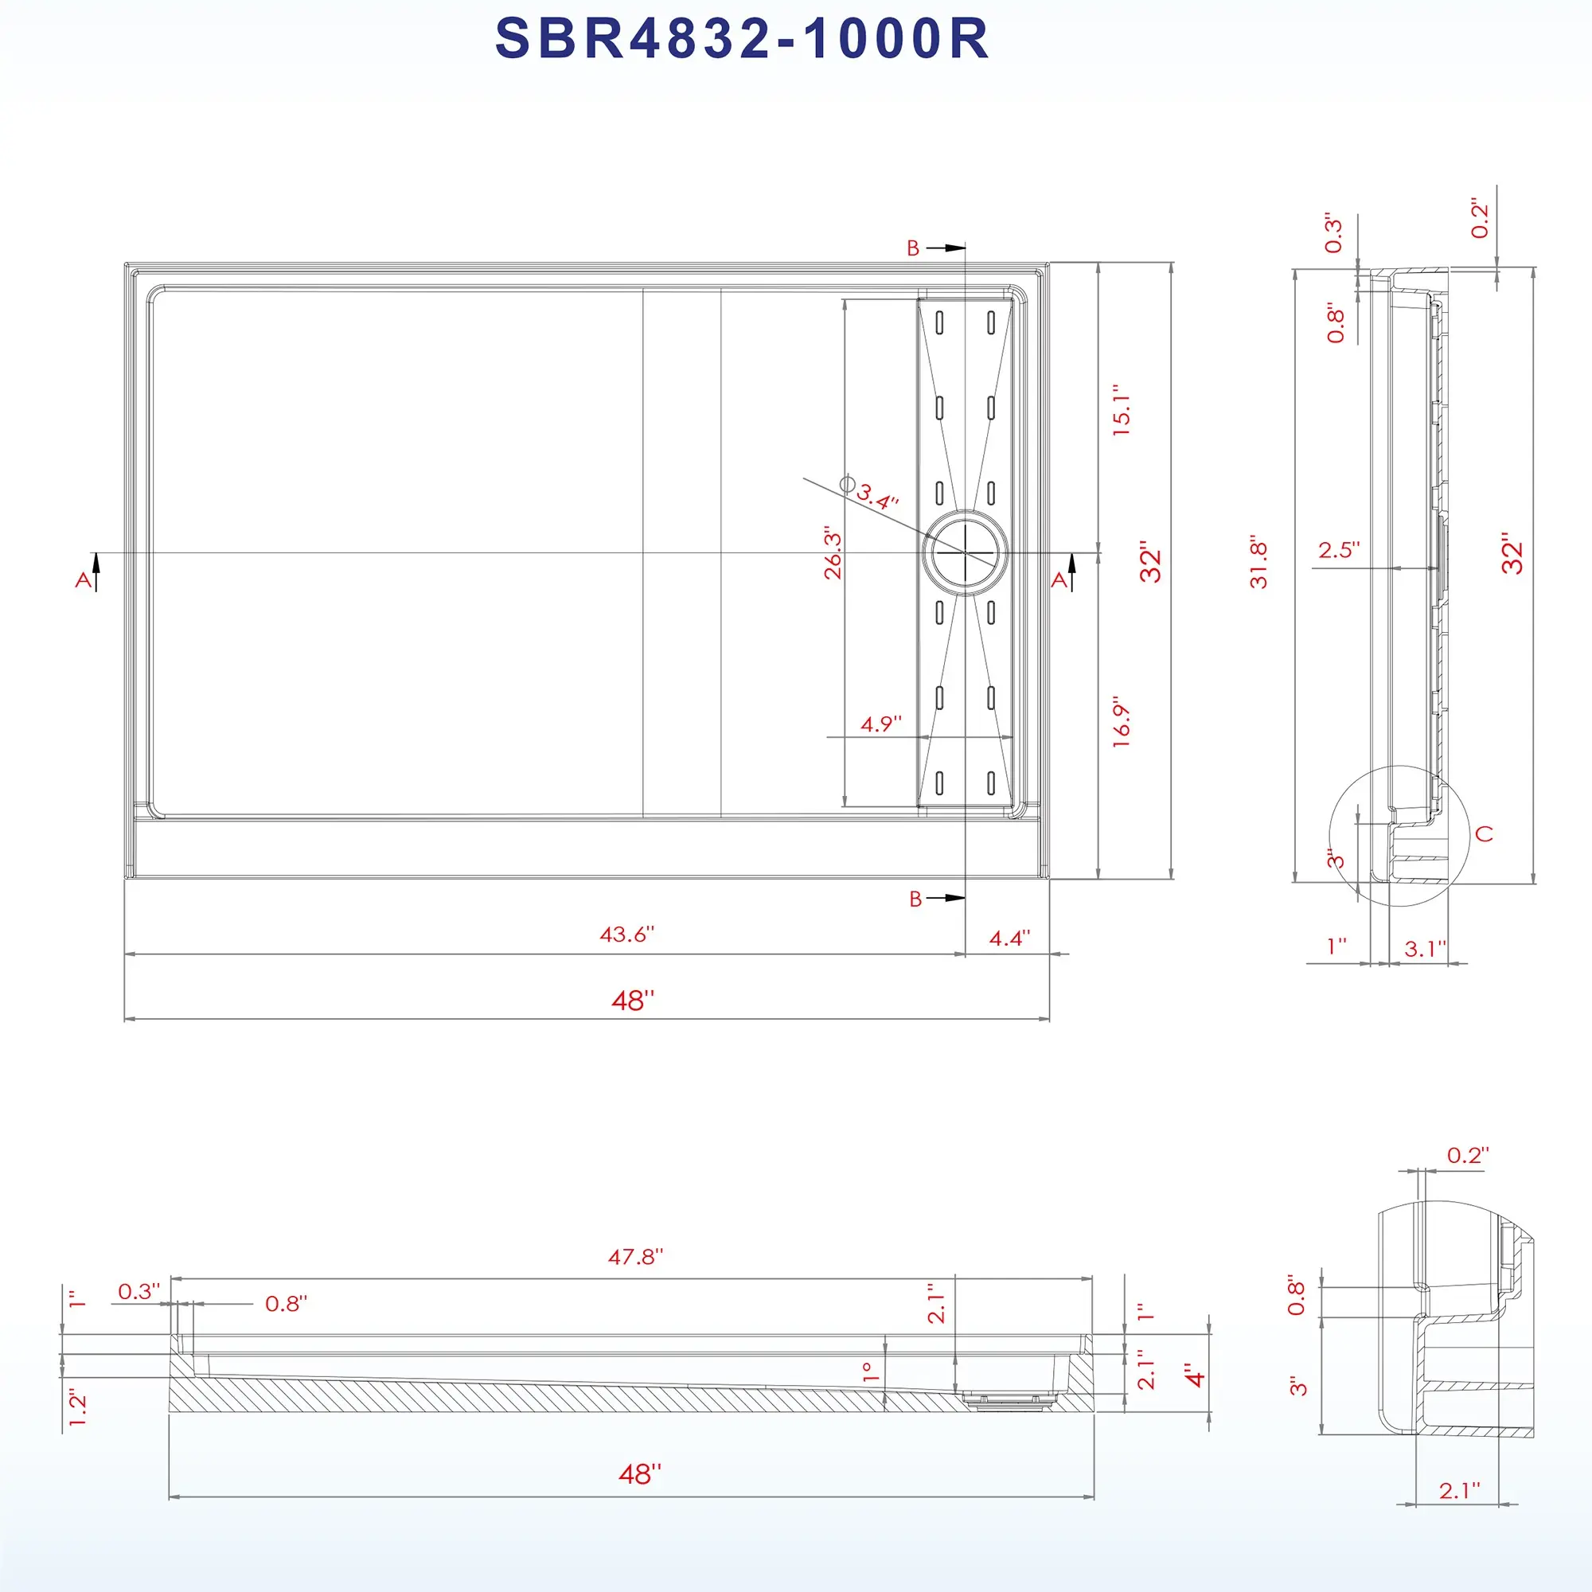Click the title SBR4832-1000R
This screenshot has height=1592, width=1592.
tap(742, 38)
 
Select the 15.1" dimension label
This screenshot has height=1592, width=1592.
tap(1122, 409)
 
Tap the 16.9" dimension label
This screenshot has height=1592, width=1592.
tap(1122, 725)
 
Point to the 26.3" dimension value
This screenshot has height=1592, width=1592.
tap(833, 554)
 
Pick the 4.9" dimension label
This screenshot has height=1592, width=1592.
tap(881, 724)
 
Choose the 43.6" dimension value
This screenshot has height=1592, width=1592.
tap(627, 934)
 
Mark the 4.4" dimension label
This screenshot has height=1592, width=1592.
tap(1009, 938)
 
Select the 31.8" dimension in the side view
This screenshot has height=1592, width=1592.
tap(1258, 564)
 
